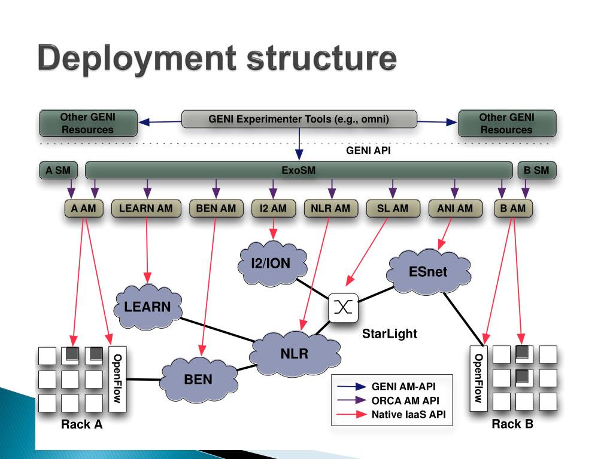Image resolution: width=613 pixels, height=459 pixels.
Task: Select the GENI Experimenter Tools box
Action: point(299,119)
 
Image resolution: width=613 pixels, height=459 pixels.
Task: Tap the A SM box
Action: point(58,170)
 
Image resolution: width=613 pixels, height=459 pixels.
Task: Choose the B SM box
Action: point(536,170)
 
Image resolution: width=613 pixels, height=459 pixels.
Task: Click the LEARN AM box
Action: point(146,209)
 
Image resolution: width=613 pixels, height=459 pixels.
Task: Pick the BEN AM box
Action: point(216,209)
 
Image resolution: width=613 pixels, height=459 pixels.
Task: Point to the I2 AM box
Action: point(273,209)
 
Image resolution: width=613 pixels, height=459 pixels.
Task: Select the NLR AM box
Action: point(331,209)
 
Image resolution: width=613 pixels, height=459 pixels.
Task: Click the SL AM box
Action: point(392,209)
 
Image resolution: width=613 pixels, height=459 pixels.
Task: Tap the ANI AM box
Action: point(454,209)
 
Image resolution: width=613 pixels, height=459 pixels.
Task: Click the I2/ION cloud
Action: point(271,262)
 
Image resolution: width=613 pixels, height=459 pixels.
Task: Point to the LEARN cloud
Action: point(147,307)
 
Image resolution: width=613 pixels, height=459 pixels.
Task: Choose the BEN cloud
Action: point(198,379)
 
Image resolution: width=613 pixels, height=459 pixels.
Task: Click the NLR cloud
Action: point(294,353)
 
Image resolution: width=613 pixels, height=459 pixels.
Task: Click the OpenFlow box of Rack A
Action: point(118,378)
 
